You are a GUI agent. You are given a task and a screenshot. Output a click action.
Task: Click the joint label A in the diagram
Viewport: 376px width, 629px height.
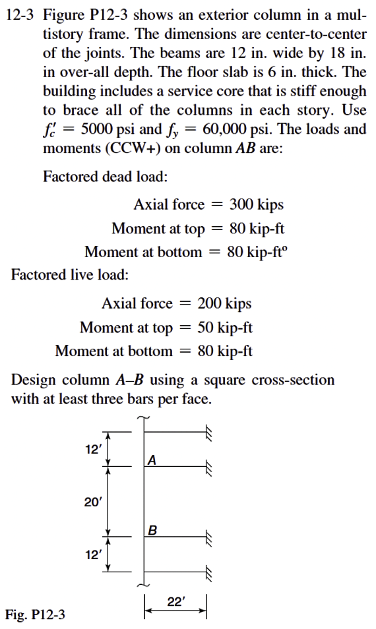[x=152, y=460]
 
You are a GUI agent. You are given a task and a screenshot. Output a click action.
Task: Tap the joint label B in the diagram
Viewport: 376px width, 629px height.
[x=152, y=529]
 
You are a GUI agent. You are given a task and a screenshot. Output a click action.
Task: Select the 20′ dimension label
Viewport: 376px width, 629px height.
[x=92, y=502]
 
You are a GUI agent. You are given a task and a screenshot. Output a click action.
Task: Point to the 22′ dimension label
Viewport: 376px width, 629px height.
[x=176, y=601]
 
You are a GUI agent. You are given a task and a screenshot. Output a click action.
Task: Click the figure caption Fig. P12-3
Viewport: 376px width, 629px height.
[x=35, y=615]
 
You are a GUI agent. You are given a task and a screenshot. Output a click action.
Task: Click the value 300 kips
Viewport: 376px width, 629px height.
[x=256, y=204]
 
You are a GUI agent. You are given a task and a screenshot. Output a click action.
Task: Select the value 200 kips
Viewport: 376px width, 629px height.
[x=224, y=303]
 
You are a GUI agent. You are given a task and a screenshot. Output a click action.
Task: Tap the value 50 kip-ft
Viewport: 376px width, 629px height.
[x=225, y=328]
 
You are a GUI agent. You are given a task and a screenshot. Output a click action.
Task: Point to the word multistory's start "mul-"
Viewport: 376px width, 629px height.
[x=351, y=16]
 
